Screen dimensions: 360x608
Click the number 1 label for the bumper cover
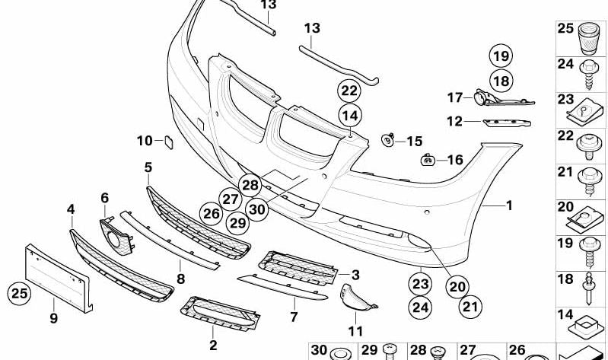pos(509,205)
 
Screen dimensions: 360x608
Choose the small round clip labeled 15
pos(389,140)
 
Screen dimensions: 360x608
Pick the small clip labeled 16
pos(429,160)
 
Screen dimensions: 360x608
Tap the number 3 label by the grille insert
pos(355,273)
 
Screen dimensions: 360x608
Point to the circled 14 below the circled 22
pos(349,116)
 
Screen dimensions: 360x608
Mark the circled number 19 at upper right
pos(499,56)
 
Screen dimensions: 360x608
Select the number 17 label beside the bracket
pos(454,97)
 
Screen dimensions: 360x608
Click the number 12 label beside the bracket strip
pos(454,121)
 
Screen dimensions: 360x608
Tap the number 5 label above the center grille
pos(148,167)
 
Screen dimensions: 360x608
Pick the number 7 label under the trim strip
pos(294,316)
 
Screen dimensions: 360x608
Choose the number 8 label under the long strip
pos(181,279)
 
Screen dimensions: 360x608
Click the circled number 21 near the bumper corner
pos(473,307)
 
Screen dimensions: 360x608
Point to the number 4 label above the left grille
pos(71,209)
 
